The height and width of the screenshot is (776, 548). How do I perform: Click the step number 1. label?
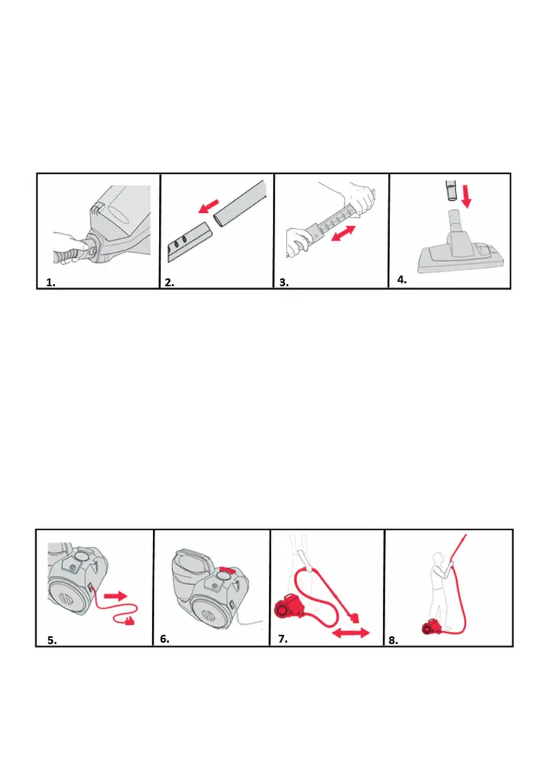51,283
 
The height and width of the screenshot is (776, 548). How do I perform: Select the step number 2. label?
169,283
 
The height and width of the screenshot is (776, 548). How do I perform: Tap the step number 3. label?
284,283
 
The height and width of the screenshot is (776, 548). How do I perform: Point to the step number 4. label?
402,280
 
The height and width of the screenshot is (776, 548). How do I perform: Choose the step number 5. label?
52,640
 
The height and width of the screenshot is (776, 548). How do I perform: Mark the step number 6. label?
165,639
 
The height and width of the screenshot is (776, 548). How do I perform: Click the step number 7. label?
282,639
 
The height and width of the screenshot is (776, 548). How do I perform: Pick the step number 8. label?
393,640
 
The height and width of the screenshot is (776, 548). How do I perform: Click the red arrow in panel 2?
208,206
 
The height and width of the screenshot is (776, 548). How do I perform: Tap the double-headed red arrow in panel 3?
344,234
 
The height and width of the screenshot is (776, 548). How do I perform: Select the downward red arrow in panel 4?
466,196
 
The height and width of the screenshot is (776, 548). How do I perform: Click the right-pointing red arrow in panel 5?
116,596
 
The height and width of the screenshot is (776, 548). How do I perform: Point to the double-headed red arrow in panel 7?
351,633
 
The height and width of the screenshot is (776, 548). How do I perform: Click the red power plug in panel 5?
130,620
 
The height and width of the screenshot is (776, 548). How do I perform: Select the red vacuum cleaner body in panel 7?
288,607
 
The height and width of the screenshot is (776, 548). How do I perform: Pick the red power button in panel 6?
226,571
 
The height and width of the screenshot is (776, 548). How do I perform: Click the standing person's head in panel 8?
436,557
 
